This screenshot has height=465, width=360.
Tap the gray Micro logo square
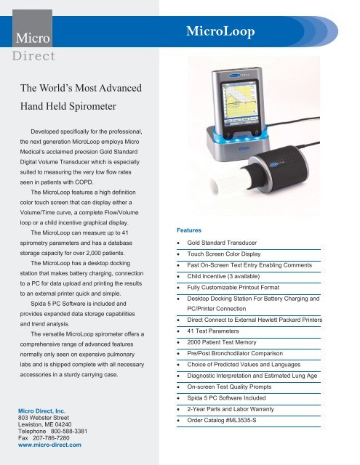(32, 28)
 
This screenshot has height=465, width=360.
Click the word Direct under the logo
(34, 56)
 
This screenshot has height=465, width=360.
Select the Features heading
(189, 230)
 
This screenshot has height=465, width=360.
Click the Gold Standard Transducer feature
(222, 243)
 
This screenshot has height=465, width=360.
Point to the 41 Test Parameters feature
(213, 331)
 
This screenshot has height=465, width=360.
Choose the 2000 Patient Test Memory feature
(221, 342)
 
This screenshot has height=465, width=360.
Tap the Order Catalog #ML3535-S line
(221, 420)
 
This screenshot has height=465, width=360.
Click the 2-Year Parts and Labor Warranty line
(231, 409)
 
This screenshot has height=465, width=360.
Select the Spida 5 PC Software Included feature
(226, 398)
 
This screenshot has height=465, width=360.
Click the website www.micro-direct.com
(49, 445)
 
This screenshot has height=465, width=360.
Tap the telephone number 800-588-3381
(69, 431)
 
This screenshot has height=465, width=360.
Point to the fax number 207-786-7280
(51, 438)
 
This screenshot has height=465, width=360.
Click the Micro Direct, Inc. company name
(41, 411)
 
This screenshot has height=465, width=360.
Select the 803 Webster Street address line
(44, 418)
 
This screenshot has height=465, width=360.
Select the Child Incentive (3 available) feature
(223, 276)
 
